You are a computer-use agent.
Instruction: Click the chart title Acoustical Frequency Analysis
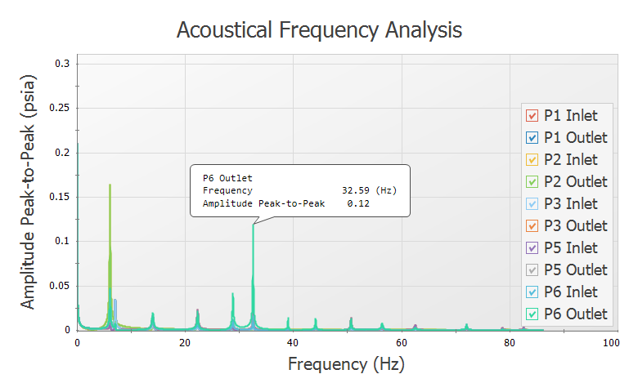(319, 30)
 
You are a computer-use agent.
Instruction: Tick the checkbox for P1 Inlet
(532, 116)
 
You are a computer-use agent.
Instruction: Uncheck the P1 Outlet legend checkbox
(532, 138)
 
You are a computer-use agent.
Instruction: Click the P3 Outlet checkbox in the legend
(532, 226)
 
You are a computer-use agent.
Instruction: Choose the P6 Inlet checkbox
(532, 292)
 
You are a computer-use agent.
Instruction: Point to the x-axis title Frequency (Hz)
(346, 364)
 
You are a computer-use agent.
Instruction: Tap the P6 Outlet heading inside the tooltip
(227, 177)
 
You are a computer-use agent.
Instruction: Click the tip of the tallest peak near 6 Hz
(110, 185)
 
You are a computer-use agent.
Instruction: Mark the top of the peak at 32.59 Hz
(253, 225)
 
